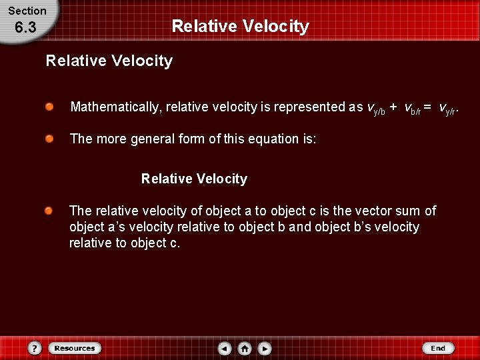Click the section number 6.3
point(25,28)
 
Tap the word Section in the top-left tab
point(27,11)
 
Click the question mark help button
point(35,348)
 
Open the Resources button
point(75,348)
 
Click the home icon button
point(245,348)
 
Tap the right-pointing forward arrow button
point(265,348)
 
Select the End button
point(438,348)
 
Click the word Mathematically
point(116,107)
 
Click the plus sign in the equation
point(393,107)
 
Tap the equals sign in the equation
point(427,107)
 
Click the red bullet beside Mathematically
point(49,107)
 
